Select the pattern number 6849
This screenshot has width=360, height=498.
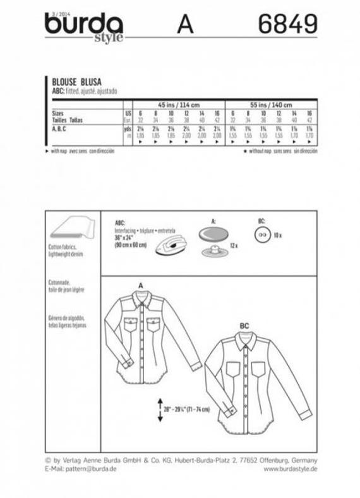(287, 25)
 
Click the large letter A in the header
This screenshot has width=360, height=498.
(185, 25)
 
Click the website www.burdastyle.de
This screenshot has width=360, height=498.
(290, 469)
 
